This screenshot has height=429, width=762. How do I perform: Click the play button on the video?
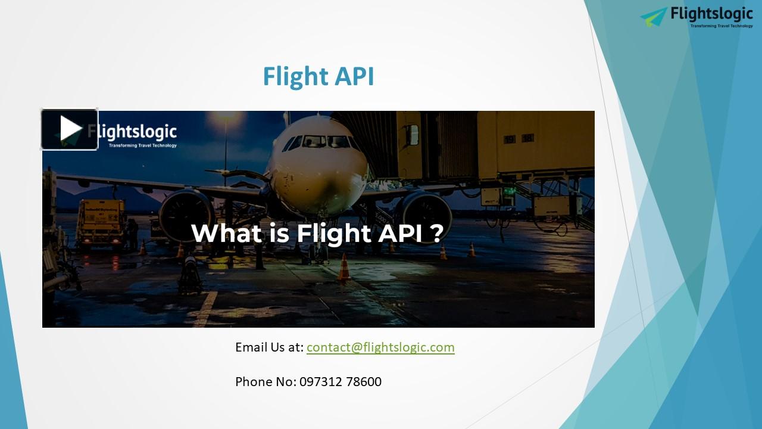pos(69,129)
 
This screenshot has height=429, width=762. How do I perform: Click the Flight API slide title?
pos(318,77)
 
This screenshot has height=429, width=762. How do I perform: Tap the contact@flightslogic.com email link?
pos(380,347)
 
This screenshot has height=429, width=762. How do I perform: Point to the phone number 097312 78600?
pos(341,382)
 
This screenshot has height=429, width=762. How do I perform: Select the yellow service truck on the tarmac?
pos(101,221)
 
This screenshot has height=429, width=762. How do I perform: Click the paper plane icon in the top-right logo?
pos(654,16)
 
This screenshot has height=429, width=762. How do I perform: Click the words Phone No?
pos(264,382)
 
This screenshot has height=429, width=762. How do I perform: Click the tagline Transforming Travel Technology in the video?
pos(142,145)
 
